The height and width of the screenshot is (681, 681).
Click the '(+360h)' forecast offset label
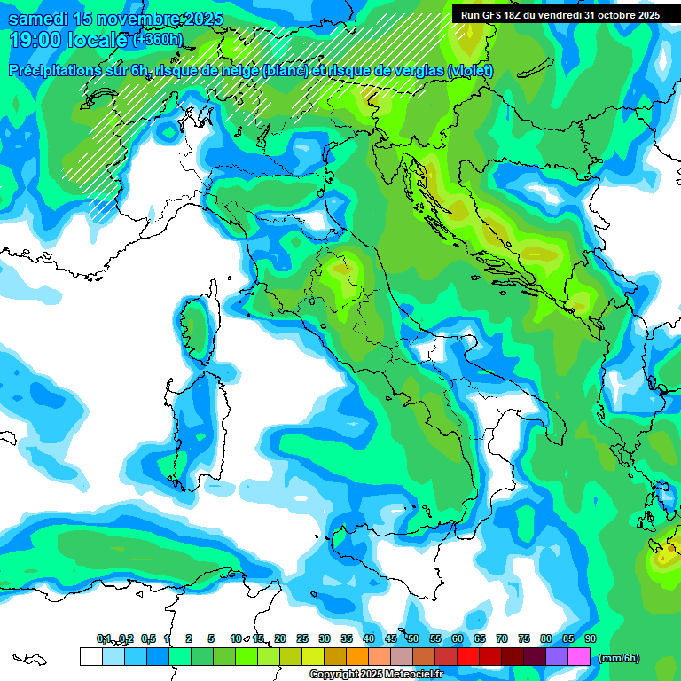point(158,40)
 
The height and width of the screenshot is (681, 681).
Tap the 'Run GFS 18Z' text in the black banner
point(490,15)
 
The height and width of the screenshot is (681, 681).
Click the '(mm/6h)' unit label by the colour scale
point(618,658)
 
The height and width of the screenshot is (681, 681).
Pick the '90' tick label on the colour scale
point(590,638)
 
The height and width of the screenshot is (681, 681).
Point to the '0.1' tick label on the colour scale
point(104,638)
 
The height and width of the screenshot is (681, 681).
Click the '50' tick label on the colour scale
point(412,638)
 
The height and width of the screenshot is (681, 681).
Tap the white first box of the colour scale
point(90,657)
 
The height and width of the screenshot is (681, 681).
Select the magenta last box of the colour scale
point(579,657)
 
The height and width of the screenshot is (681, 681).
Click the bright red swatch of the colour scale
point(468,657)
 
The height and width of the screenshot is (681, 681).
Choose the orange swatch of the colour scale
point(357,657)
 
